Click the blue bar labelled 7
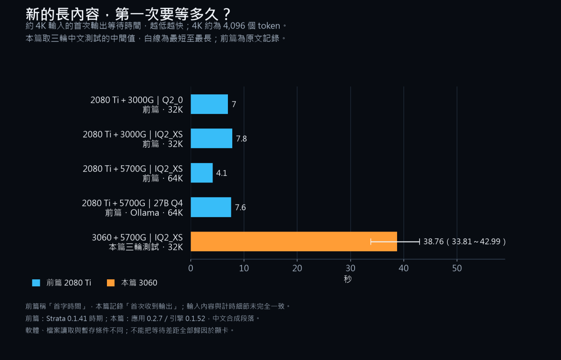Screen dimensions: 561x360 click(209, 104)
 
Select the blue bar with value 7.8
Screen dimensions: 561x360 click(211, 138)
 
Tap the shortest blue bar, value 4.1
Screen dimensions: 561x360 click(202, 173)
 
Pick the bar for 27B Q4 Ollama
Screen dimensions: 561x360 click(211, 207)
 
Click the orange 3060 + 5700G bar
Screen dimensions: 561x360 click(294, 242)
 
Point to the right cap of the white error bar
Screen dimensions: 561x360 click(419, 242)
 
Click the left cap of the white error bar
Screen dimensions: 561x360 click(371, 242)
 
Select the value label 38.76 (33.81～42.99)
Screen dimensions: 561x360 click(465, 242)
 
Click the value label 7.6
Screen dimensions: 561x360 click(240, 207)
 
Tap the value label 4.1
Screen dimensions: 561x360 click(222, 173)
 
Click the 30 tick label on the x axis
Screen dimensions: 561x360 click(350, 268)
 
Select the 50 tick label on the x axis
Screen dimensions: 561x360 click(457, 268)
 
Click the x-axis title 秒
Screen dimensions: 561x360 click(348, 279)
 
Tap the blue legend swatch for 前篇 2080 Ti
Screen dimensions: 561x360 click(36, 283)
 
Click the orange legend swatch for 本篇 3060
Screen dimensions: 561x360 click(111, 283)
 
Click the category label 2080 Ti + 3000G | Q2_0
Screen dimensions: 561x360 click(136, 100)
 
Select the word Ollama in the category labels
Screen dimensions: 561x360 click(145, 213)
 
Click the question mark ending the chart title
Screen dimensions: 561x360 click(227, 14)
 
